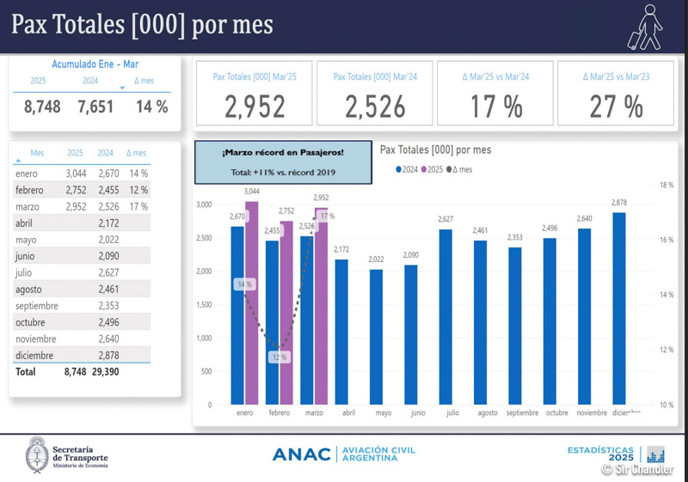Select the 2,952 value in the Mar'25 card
click(255, 107)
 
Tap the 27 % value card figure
click(616, 107)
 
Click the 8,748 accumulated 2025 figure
click(42, 107)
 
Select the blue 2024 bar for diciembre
click(618, 308)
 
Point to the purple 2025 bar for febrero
click(287, 313)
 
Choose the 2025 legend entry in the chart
click(433, 169)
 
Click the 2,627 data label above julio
click(445, 220)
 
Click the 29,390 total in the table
click(103, 372)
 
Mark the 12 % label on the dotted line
click(279, 357)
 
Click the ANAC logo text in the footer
click(301, 454)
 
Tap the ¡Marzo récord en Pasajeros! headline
click(283, 153)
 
